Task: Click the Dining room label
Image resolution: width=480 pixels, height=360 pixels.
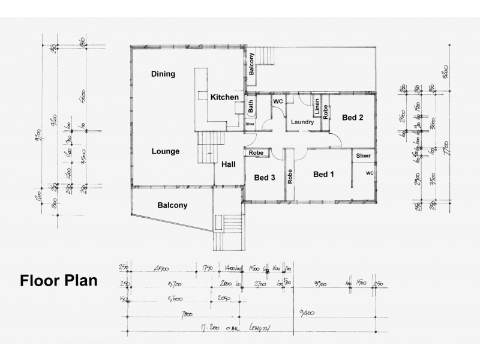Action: (163, 74)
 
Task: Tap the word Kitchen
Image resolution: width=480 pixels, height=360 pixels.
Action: (225, 97)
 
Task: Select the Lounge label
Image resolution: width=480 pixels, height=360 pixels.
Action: (166, 152)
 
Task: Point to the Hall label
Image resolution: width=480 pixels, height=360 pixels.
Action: (229, 164)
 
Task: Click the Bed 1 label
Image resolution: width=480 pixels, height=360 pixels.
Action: (324, 175)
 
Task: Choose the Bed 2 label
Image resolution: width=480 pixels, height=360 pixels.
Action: (352, 118)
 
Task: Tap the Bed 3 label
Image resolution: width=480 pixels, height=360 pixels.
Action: (264, 178)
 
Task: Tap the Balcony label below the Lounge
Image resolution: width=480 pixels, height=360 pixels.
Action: (172, 205)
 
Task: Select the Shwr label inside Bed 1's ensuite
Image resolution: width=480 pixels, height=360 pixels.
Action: (363, 156)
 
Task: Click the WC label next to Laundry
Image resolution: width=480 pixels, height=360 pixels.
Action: (278, 102)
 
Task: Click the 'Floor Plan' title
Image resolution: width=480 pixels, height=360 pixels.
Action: (59, 281)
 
